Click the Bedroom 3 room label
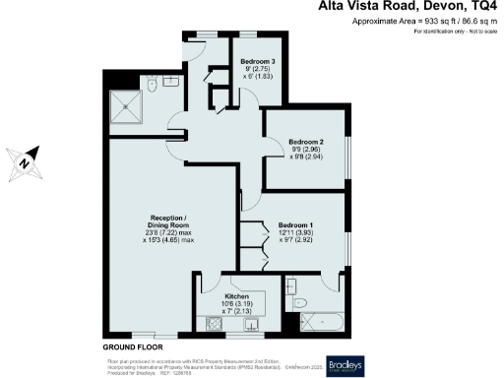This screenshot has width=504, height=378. [x=258, y=61]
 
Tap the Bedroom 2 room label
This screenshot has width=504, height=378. [x=306, y=141]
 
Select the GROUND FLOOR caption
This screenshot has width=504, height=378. [x=132, y=347]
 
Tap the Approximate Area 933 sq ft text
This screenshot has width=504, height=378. [x=426, y=23]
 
